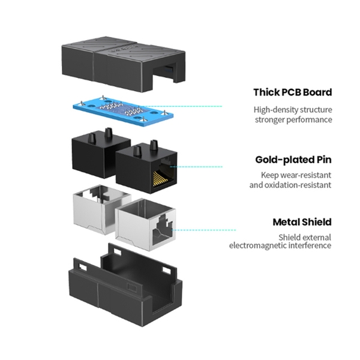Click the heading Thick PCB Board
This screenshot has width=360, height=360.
[x=293, y=92]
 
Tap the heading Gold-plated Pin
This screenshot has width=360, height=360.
[x=293, y=160]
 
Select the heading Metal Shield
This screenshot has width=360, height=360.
[x=302, y=222]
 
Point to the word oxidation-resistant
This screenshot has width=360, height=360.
[x=298, y=185]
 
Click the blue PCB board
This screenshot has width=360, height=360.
[x=123, y=112]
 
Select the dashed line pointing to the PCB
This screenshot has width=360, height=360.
[x=181, y=106]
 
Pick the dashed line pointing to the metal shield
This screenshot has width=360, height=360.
[x=203, y=230]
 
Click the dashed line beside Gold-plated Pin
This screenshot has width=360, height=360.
[x=196, y=167]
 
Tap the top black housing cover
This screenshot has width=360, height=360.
[x=124, y=64]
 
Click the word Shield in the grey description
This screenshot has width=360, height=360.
[x=289, y=237]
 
